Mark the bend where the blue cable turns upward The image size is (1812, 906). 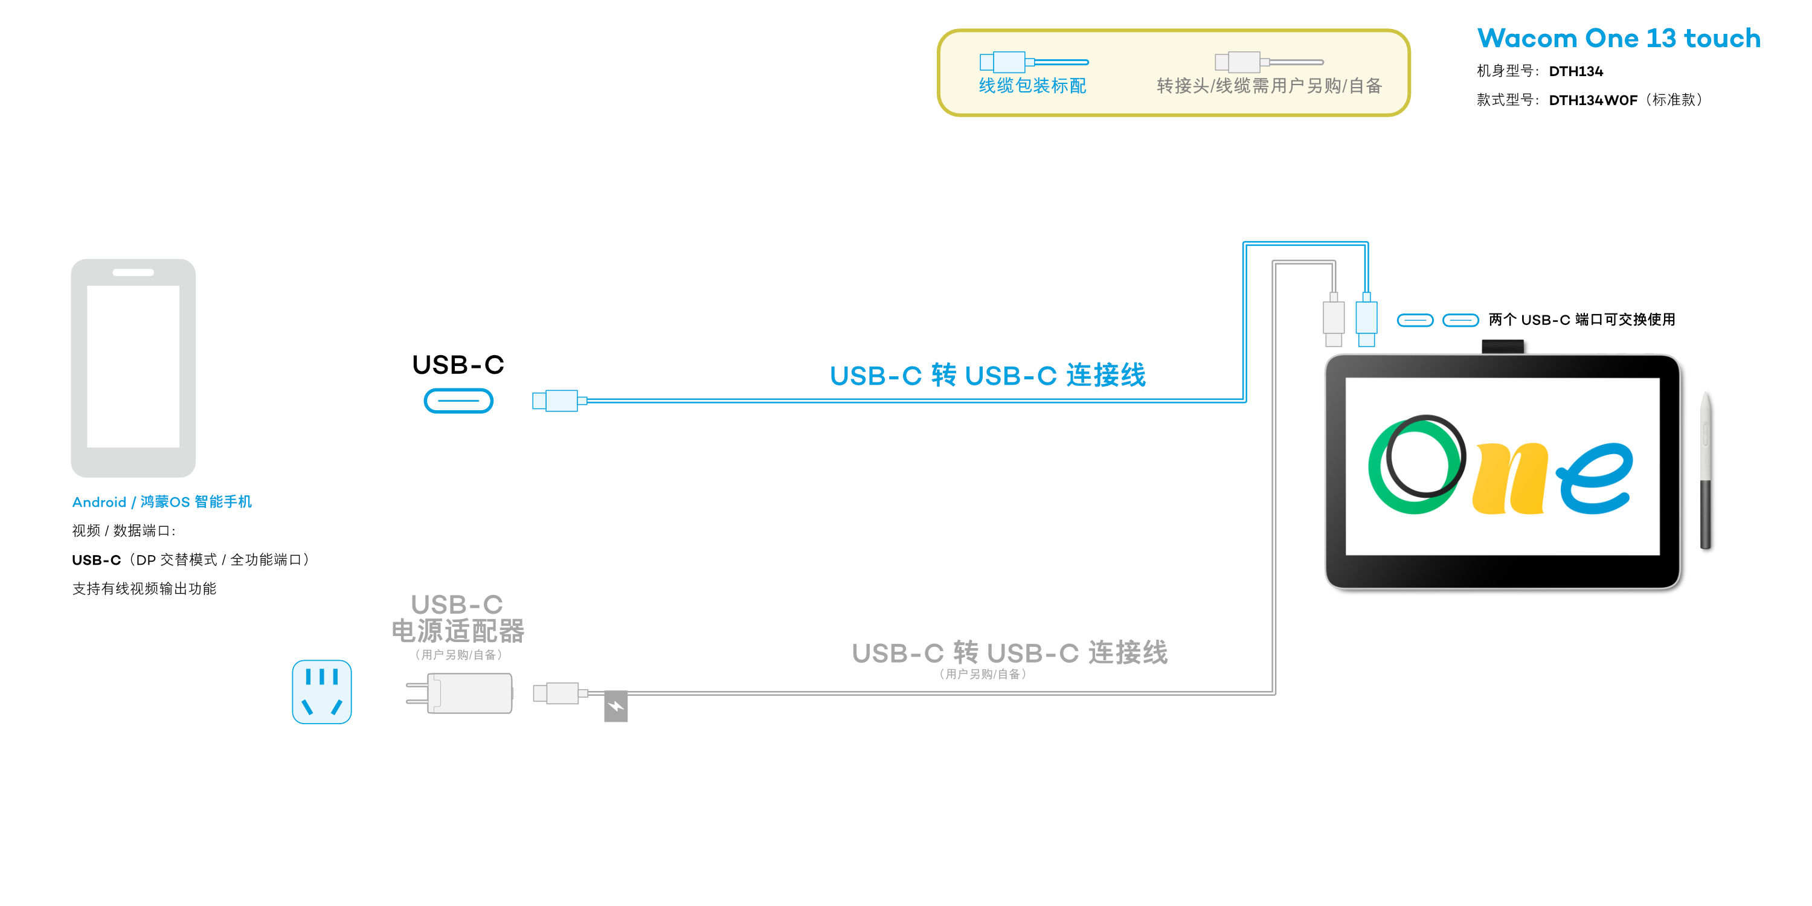1245,401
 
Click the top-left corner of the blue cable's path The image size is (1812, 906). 1245,243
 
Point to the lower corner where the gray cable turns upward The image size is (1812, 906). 1274,693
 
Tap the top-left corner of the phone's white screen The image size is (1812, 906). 87,286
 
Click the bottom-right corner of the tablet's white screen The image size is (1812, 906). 1659,555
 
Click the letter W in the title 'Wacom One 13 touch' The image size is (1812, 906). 1493,38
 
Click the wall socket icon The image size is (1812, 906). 321,692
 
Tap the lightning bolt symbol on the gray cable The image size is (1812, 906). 615,706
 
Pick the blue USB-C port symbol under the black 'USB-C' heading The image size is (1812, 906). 458,401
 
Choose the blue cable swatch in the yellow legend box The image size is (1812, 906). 1033,62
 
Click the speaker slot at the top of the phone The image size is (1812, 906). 133,272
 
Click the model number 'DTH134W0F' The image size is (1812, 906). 1593,100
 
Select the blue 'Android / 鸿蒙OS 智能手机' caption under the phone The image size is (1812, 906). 162,501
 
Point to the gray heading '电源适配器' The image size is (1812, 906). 458,631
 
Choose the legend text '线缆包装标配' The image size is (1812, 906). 1033,86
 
